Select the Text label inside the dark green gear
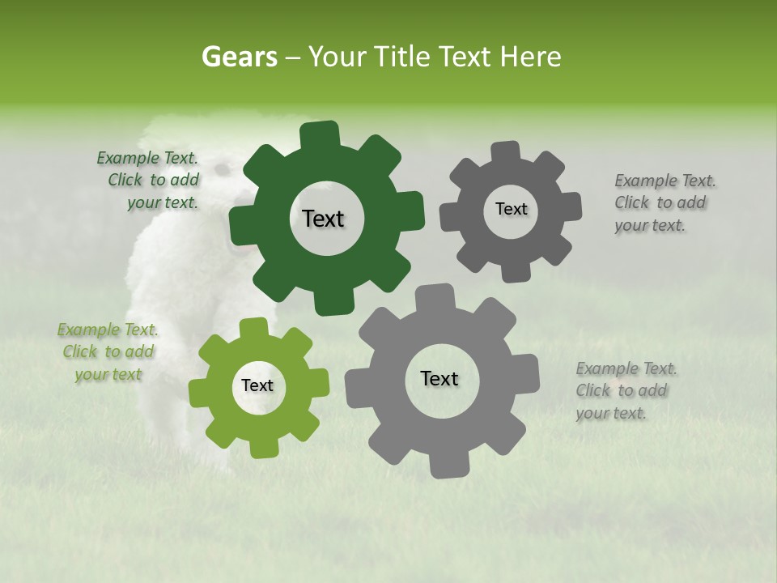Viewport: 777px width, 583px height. (323, 219)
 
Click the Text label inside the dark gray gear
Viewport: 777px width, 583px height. (511, 209)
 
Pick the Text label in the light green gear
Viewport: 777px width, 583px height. (257, 385)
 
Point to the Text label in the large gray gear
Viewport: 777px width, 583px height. (439, 378)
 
